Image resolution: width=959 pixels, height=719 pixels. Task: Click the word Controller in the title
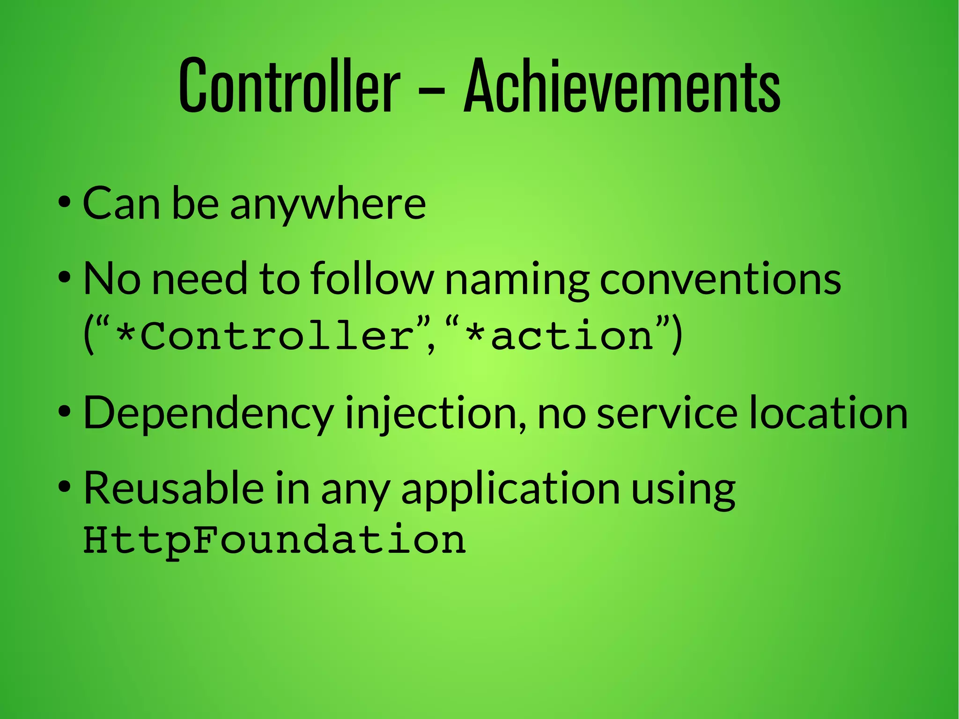pos(289,86)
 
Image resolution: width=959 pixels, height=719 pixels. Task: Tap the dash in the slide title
pos(431,89)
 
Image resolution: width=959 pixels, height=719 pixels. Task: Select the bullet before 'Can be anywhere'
pos(65,203)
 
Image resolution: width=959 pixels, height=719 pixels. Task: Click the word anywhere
pos(328,204)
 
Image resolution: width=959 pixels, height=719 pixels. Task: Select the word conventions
pos(720,280)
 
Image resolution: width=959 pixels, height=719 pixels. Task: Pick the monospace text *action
pos(560,336)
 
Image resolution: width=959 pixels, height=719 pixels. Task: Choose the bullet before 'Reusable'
pos(65,488)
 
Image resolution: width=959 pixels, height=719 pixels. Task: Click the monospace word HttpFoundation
pos(274,540)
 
